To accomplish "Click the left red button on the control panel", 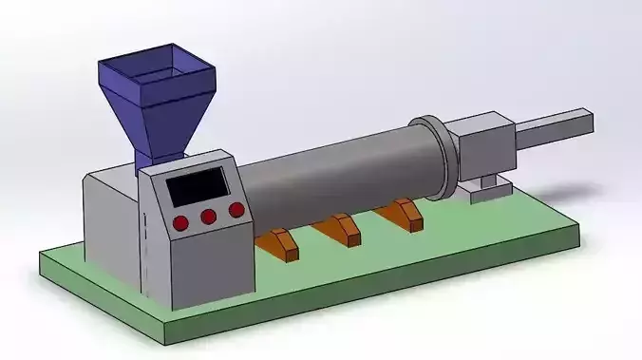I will [x=179, y=223].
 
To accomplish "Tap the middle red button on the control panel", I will [x=208, y=218].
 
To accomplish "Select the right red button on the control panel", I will [x=236, y=210].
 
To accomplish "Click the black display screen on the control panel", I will [x=198, y=187].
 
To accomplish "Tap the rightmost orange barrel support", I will [x=403, y=215].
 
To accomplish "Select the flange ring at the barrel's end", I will [x=432, y=157].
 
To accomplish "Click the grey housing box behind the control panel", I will [x=109, y=223].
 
